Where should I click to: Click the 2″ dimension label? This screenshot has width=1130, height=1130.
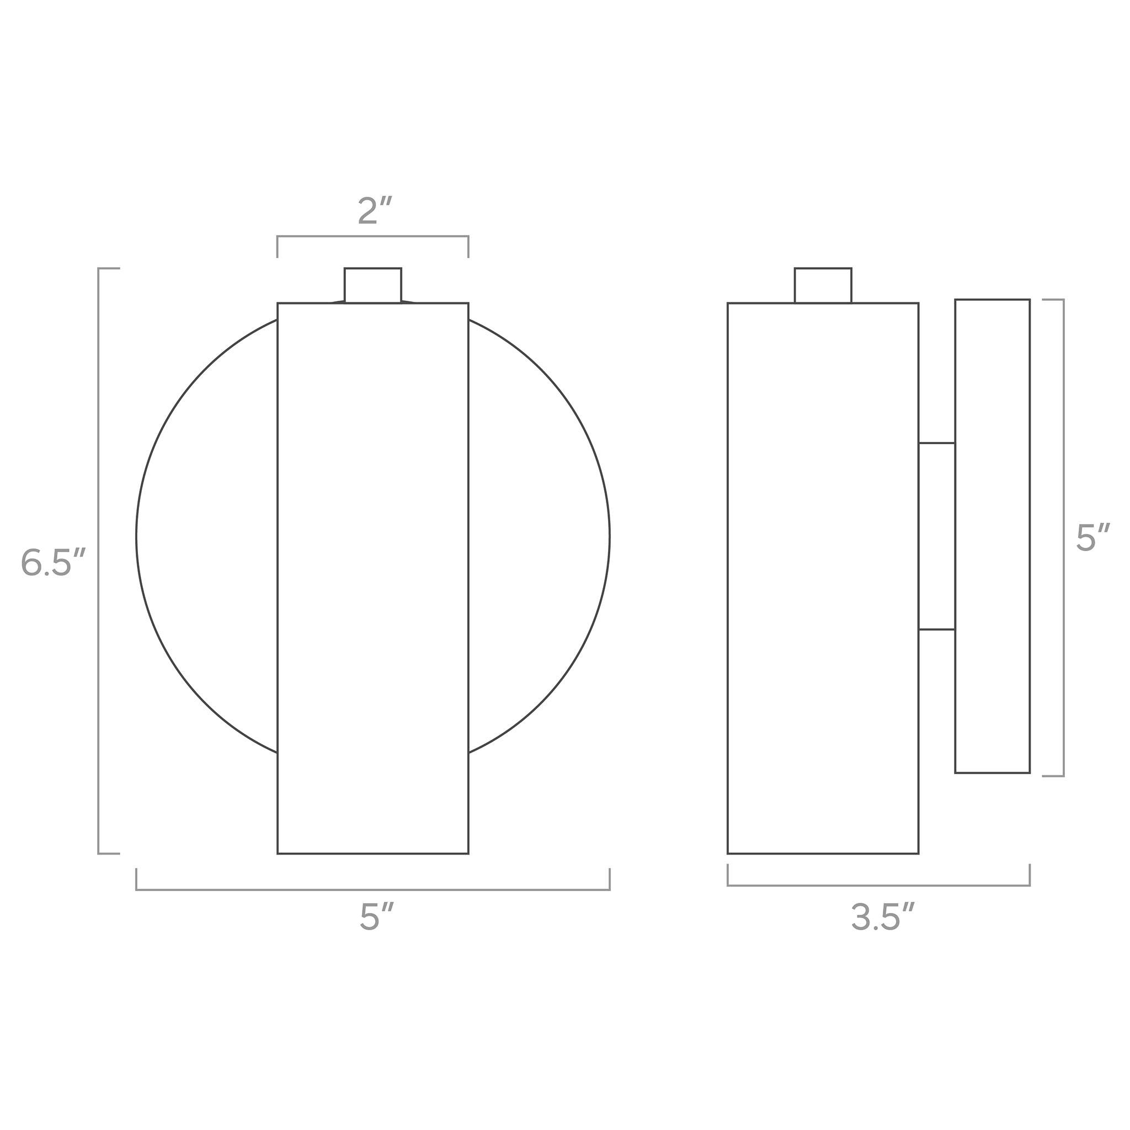coord(374,211)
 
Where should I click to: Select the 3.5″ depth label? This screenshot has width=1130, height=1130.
coord(882,916)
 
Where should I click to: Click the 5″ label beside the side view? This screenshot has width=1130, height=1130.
coord(1092,538)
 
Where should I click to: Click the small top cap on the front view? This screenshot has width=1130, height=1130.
coord(372,285)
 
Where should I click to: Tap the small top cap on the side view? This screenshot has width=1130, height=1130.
coord(822,285)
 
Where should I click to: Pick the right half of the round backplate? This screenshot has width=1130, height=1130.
coord(539,536)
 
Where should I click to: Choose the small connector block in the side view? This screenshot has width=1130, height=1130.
coord(936,536)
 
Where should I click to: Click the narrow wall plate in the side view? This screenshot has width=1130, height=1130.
coord(992,536)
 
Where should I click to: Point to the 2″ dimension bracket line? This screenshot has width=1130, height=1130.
coord(372,236)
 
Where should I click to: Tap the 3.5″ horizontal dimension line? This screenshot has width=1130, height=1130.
coord(878,886)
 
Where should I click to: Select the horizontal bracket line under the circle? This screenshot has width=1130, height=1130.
coord(372,889)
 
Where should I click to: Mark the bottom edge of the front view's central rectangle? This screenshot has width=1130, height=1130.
coord(372,854)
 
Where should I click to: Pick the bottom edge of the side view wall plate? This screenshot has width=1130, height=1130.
coord(992,772)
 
